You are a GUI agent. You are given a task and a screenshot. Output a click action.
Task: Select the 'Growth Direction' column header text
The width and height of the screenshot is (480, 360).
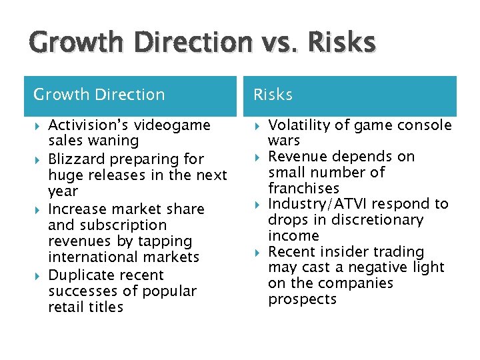99,95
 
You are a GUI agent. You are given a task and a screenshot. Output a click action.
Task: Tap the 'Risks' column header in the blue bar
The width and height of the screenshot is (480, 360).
273,95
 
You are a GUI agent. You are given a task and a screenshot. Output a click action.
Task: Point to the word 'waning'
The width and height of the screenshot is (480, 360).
117,141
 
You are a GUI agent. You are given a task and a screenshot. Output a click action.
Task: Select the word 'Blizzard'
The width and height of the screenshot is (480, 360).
75,159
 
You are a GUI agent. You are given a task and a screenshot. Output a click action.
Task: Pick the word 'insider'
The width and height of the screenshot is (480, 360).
343,252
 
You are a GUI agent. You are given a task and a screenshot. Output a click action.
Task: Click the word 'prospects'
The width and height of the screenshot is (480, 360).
302,299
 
